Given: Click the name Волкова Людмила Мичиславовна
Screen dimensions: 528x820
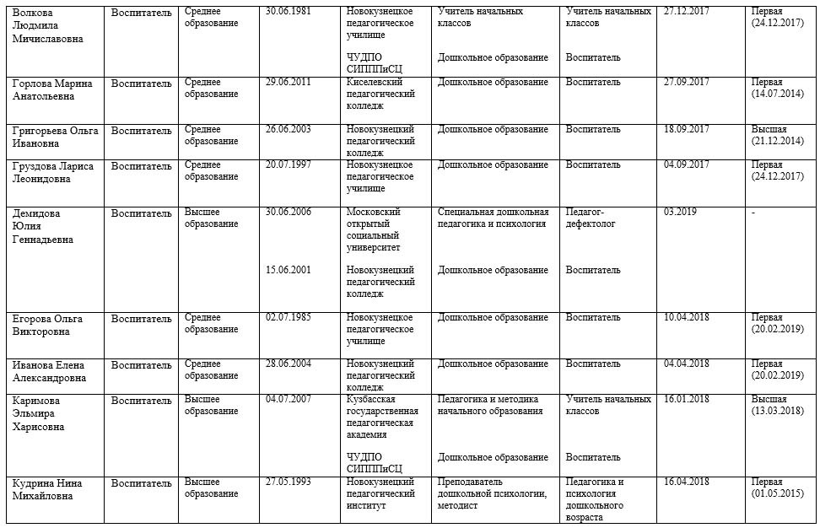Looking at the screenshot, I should (49, 24).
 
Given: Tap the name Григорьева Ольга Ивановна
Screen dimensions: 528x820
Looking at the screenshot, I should (54, 136).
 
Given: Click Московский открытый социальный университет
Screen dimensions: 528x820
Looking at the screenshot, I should (377, 229).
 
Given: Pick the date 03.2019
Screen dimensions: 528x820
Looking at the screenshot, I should (680, 212).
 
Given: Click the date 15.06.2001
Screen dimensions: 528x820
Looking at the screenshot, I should (288, 270).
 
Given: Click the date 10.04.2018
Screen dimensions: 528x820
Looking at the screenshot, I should (686, 318).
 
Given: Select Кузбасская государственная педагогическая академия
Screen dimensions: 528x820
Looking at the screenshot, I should (381, 417).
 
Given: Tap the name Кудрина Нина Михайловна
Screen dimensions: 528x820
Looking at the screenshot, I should (52, 488).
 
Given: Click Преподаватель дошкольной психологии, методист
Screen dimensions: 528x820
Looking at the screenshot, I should (493, 493).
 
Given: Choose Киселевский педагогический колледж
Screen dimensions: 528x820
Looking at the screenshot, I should (380, 94).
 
